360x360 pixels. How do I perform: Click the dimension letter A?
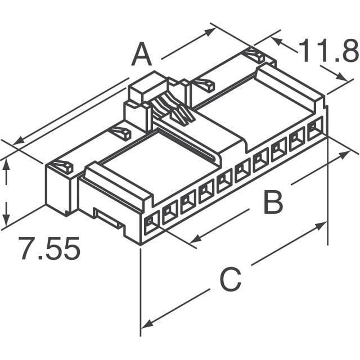(x=142, y=55)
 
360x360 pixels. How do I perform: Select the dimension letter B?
(x=273, y=202)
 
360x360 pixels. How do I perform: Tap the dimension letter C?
(x=229, y=280)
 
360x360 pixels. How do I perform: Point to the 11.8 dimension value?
(x=328, y=52)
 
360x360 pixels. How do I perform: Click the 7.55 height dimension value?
(x=49, y=249)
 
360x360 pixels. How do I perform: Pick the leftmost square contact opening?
(x=151, y=224)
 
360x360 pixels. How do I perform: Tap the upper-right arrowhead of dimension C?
(x=322, y=225)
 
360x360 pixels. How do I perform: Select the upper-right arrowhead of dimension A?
(x=213, y=30)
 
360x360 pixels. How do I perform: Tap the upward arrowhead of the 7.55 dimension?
(x=6, y=163)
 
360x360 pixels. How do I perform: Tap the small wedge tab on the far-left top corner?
(x=60, y=167)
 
